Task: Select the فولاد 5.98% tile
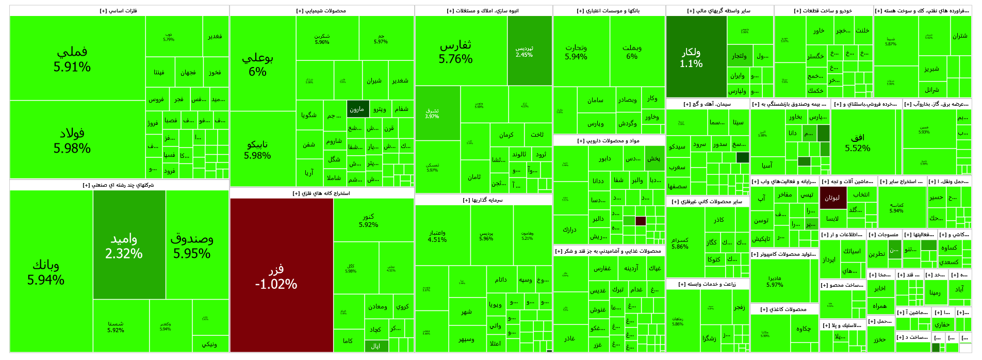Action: click(x=72, y=140)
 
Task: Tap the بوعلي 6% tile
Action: click(x=257, y=64)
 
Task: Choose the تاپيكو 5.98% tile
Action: click(x=257, y=149)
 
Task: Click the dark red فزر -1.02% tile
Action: click(x=276, y=275)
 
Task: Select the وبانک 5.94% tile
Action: click(x=46, y=271)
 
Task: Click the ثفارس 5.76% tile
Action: click(x=456, y=51)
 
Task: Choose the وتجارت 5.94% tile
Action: click(x=576, y=52)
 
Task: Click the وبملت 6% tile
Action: click(x=632, y=52)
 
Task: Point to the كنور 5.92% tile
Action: click(x=368, y=220)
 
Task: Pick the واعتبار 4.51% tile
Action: click(x=437, y=236)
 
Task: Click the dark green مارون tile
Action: click(x=357, y=109)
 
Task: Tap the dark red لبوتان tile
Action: click(x=832, y=198)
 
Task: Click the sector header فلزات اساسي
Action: click(x=119, y=11)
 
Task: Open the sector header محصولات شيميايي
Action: click(x=321, y=11)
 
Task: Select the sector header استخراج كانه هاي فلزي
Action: click(x=321, y=193)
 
